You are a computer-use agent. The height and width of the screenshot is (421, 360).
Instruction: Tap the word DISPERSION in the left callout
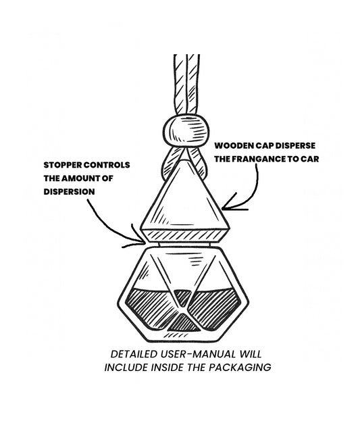[69, 192]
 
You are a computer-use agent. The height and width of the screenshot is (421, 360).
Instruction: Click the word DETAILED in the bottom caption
[134, 354]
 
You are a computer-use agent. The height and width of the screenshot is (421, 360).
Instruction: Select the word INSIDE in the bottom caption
[168, 368]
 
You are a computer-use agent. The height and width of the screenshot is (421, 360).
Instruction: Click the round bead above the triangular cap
[186, 130]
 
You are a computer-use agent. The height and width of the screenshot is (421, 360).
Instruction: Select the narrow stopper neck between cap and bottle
[185, 245]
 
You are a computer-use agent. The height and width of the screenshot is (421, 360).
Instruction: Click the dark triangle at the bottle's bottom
[184, 323]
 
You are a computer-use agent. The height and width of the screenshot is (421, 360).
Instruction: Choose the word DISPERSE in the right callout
[295, 145]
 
